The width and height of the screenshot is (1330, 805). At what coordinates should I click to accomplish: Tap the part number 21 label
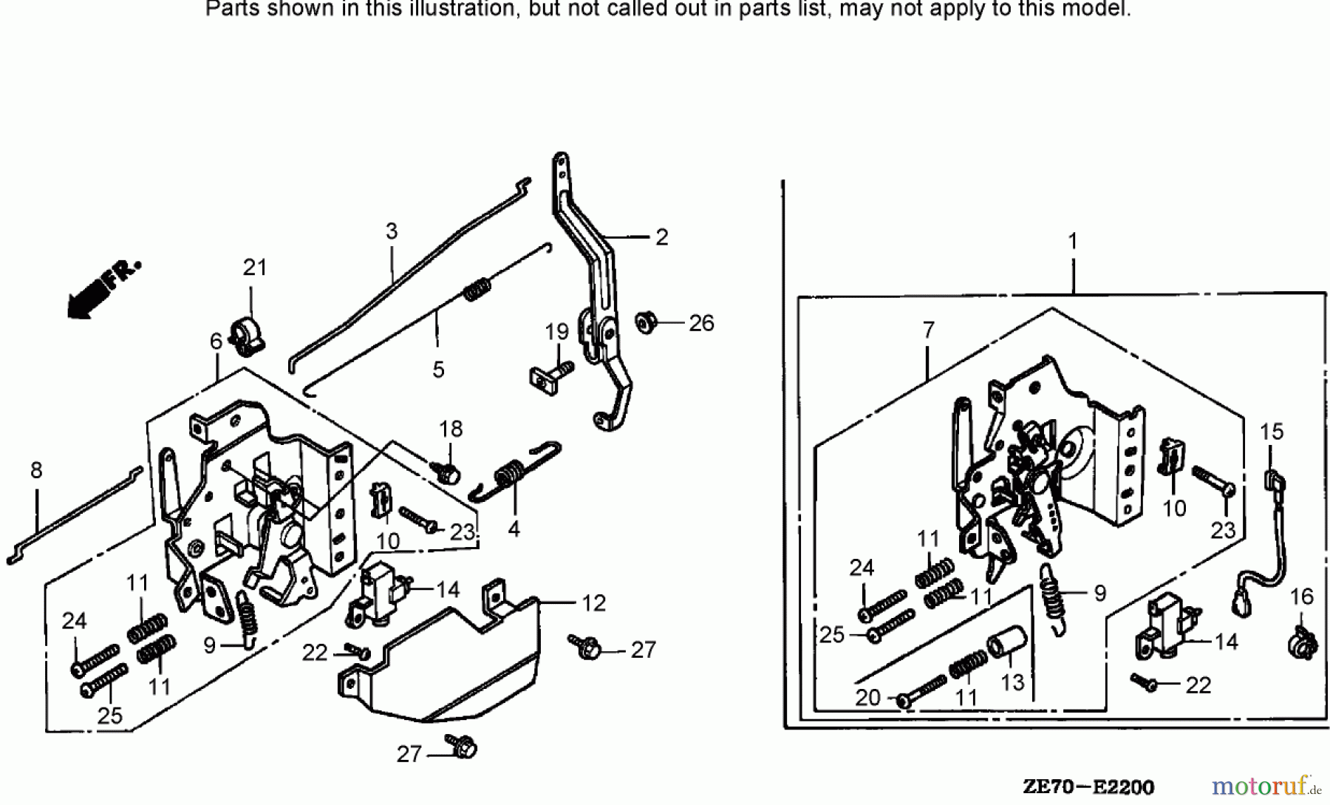[x=255, y=268]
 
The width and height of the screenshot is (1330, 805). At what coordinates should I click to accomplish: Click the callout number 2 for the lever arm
[x=661, y=237]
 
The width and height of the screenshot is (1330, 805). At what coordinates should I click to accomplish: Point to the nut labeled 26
[x=645, y=324]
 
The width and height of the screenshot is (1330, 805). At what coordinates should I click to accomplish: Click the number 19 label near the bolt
[x=556, y=332]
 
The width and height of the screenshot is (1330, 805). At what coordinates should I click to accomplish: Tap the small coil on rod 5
[x=477, y=288]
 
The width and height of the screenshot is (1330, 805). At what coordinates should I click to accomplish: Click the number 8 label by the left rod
[x=36, y=470]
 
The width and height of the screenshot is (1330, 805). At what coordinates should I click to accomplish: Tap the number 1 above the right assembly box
[x=1072, y=242]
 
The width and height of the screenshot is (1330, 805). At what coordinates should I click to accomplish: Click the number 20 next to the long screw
[x=868, y=697]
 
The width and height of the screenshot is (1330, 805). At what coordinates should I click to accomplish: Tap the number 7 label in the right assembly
[x=929, y=330]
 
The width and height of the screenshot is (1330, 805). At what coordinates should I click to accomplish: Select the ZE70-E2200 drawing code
[x=1088, y=787]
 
